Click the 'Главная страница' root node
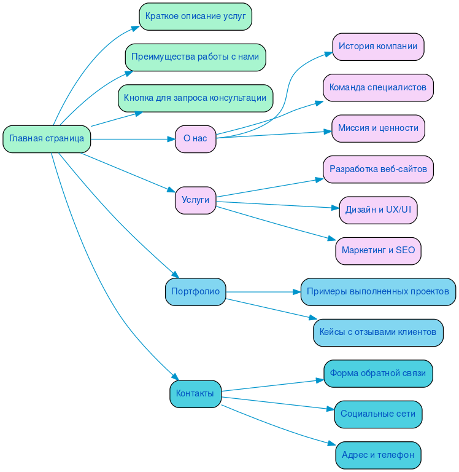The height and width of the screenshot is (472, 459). click(x=47, y=139)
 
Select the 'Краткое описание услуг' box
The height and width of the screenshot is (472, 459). click(x=195, y=17)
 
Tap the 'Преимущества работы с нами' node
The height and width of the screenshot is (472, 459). click(x=195, y=57)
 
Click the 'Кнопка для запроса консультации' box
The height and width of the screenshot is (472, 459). click(x=195, y=98)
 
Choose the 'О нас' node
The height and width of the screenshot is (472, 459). click(x=195, y=139)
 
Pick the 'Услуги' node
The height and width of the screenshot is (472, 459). click(x=195, y=200)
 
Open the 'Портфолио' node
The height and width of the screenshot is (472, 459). click(x=195, y=292)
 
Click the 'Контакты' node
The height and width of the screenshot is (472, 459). click(x=195, y=394)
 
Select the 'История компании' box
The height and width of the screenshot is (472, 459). click(x=378, y=47)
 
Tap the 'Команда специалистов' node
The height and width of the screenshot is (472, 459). click(x=378, y=88)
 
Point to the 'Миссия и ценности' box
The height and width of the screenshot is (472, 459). click(x=378, y=128)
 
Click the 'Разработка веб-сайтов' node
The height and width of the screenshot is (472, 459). click(x=378, y=170)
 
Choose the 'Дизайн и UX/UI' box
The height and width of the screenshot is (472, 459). click(x=378, y=210)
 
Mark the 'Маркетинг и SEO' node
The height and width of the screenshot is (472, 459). click(x=378, y=251)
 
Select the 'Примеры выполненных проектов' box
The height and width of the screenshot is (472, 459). click(x=378, y=292)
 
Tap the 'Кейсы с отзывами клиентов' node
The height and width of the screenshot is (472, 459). click(x=378, y=332)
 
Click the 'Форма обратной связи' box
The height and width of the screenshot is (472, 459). click(x=378, y=374)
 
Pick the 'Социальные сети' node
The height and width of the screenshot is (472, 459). click(x=378, y=414)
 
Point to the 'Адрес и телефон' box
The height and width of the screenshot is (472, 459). click(x=378, y=455)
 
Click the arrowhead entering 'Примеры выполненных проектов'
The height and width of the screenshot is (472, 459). click(x=296, y=292)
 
